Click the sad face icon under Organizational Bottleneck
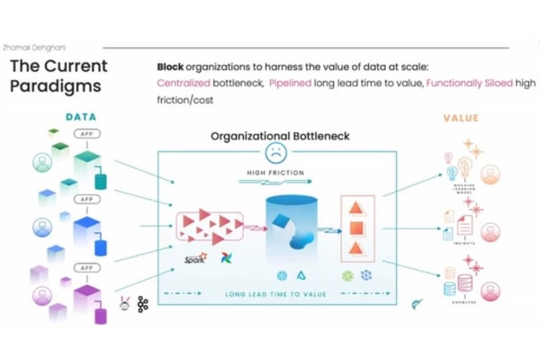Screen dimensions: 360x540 click(274, 151)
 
